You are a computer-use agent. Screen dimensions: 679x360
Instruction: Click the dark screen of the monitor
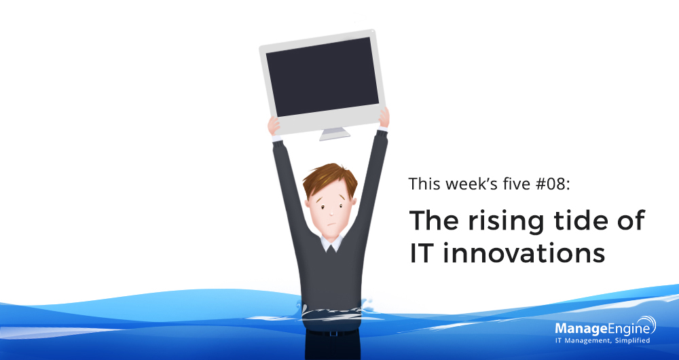[323, 77]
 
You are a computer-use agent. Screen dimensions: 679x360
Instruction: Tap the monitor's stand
[335, 134]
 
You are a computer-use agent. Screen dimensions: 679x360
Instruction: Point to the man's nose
[331, 213]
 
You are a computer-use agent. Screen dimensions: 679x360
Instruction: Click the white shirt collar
[331, 243]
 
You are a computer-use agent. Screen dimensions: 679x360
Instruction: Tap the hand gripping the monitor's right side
[384, 118]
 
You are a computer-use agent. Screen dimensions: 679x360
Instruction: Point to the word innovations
[524, 253]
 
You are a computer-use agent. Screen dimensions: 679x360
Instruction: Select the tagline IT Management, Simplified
[602, 340]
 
